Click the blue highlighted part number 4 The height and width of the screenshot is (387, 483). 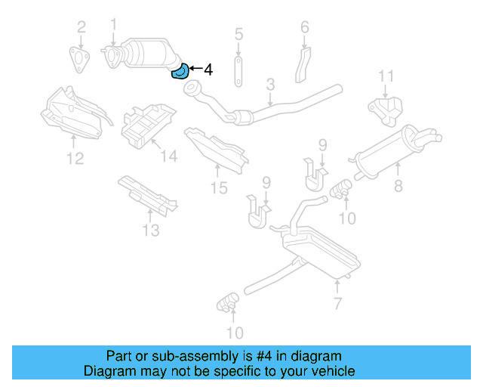point(181,73)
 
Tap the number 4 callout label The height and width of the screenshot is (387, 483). point(208,70)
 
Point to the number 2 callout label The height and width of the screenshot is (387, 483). point(81,28)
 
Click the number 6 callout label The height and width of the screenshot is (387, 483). point(305,28)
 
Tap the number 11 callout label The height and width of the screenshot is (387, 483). point(386,76)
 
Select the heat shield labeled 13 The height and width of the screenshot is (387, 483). point(147,194)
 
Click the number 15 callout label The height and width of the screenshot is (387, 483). point(218,187)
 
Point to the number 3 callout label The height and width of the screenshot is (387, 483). point(269,85)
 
